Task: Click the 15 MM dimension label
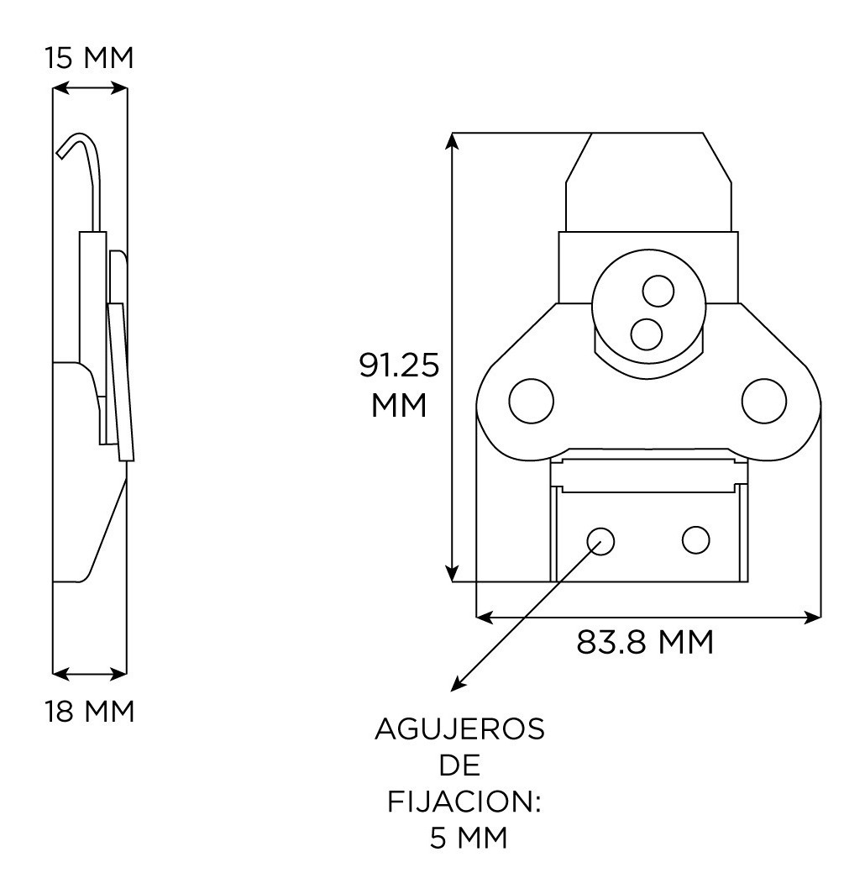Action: [x=90, y=58]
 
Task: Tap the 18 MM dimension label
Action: [x=90, y=712]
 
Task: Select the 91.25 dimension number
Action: [x=400, y=365]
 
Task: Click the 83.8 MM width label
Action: [x=644, y=643]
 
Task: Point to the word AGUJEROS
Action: [x=460, y=729]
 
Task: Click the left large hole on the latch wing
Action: [x=531, y=401]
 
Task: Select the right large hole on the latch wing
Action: [x=764, y=401]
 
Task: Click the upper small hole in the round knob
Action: [x=658, y=291]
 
